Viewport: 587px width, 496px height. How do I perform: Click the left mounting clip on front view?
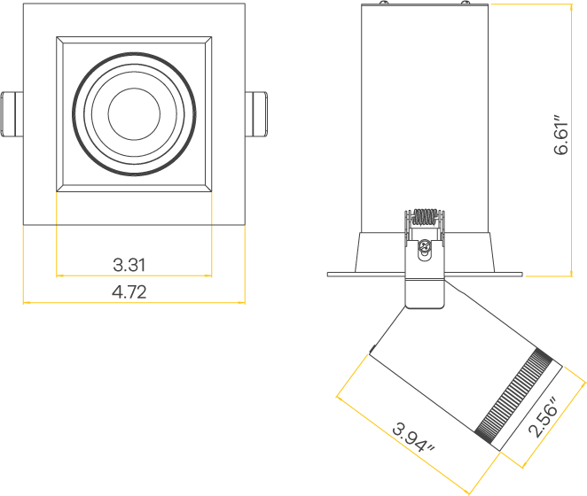12,113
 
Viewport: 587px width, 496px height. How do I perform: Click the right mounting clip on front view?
256,113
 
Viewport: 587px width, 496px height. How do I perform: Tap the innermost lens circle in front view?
134,113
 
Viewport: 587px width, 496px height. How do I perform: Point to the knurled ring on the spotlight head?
516,397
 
